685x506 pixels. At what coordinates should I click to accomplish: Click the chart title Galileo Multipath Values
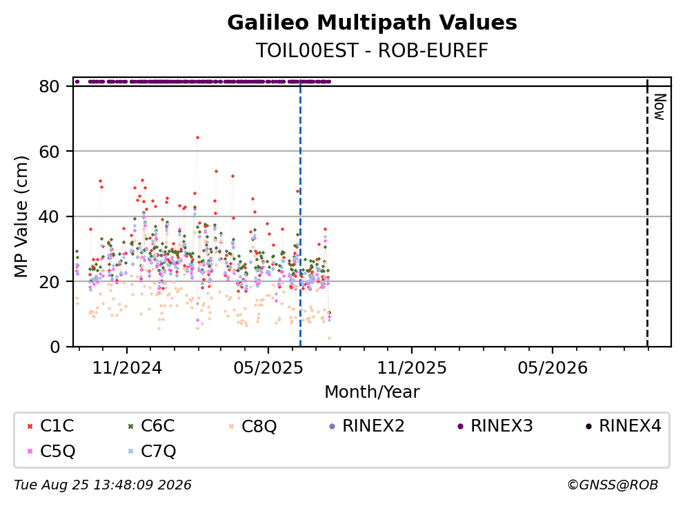[372, 23]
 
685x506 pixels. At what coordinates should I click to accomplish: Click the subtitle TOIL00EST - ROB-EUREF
[372, 50]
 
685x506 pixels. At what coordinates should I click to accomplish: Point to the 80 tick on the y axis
[49, 86]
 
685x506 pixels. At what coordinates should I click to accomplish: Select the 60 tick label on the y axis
[49, 152]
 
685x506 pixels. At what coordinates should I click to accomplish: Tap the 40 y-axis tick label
[49, 216]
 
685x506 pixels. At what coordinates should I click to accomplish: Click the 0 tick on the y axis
[55, 347]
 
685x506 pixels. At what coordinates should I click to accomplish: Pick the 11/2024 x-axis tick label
[127, 368]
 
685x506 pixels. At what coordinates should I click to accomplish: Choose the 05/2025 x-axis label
[268, 368]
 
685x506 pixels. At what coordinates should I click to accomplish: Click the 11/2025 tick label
[412, 368]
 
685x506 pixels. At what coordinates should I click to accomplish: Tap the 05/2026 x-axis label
[553, 368]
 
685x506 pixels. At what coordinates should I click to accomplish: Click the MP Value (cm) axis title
[21, 216]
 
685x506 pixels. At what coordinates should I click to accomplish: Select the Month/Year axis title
[372, 392]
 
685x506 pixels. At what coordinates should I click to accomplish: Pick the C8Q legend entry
[252, 425]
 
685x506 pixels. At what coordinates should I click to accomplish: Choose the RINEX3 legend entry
[495, 425]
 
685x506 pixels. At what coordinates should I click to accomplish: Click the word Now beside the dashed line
[659, 107]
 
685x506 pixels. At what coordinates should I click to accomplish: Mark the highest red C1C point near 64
[197, 137]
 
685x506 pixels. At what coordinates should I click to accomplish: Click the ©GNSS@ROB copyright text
[613, 485]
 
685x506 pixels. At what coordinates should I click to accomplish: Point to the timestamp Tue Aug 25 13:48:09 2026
[103, 485]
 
